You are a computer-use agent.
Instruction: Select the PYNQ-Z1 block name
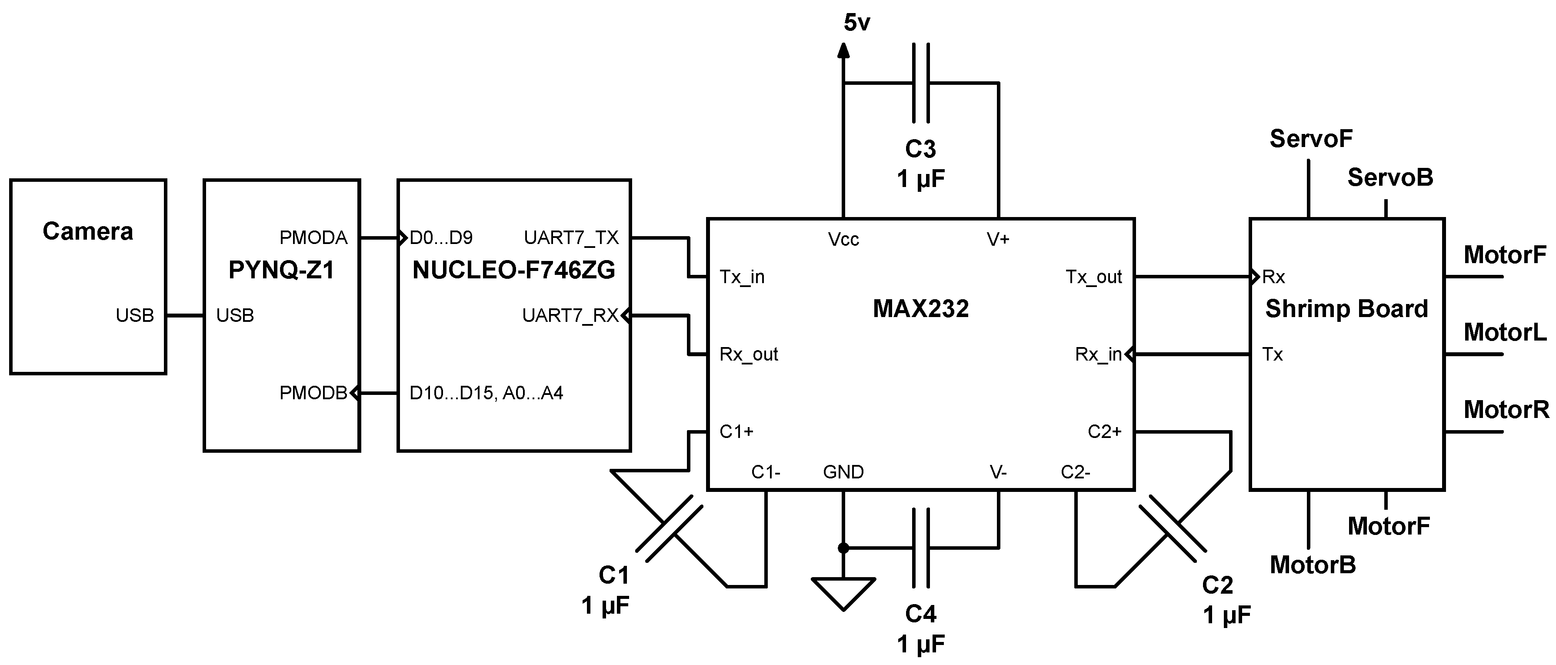[x=281, y=270]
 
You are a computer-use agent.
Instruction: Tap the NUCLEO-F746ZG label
[x=513, y=270]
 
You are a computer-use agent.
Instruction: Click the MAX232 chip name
[x=920, y=309]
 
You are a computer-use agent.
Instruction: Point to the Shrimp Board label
[x=1346, y=309]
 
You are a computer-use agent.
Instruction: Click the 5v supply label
[x=856, y=23]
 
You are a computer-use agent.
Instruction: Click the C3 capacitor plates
[x=920, y=83]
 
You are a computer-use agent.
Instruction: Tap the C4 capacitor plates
[x=920, y=548]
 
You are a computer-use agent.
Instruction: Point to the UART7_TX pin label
[x=571, y=238]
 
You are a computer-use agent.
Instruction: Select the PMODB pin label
[x=313, y=393]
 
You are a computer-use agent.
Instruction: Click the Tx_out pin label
[x=1093, y=277]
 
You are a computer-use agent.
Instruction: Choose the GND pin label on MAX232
[x=843, y=472]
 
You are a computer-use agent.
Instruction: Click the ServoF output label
[x=1311, y=139]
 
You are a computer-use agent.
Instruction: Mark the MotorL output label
[x=1505, y=332]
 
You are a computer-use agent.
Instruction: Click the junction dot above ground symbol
[x=843, y=548]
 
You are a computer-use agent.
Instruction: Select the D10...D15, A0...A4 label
[x=486, y=393]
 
